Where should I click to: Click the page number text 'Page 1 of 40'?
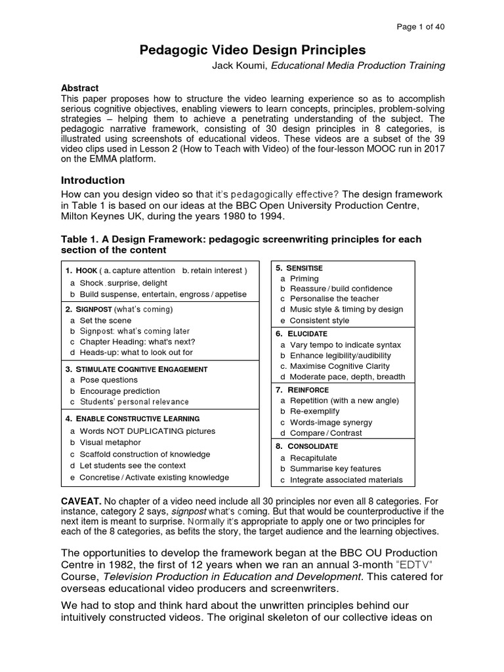pos(421,27)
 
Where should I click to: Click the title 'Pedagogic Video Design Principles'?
pos(253,51)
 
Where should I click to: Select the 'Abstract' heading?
pos(79,88)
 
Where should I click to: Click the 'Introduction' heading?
pos(93,180)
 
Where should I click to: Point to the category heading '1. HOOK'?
pos(81,270)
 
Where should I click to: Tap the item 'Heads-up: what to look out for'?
pos(136,352)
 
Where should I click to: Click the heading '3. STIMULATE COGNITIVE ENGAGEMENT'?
pos(136,369)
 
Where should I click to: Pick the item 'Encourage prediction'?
pos(119,391)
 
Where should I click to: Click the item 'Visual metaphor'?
pos(110,442)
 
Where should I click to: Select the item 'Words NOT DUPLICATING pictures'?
pos(147,431)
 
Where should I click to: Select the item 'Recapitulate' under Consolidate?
pos(313,458)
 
